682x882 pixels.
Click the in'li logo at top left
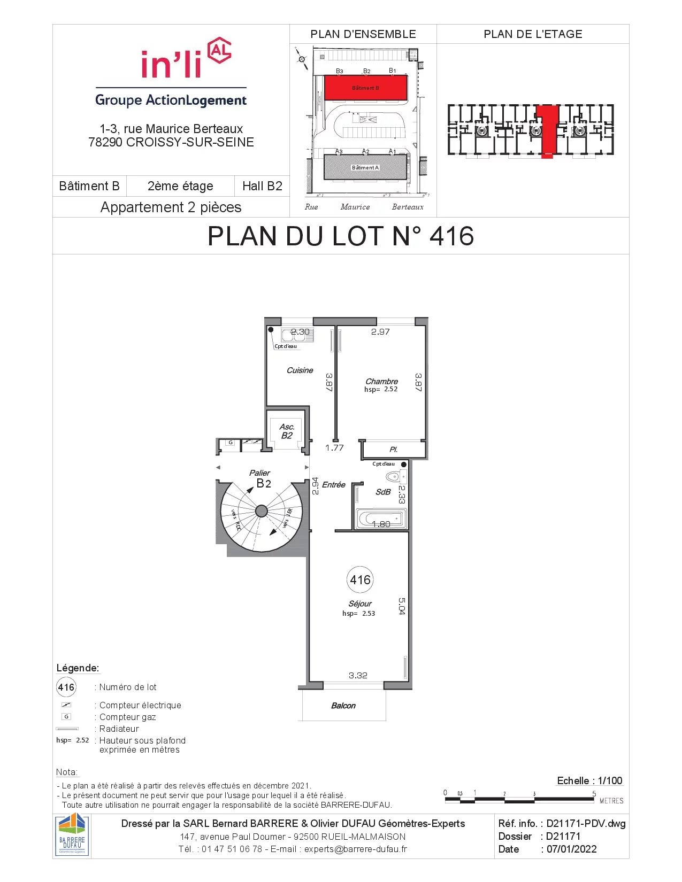click(185, 59)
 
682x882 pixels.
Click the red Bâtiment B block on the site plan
click(366, 88)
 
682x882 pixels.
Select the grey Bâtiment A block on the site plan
click(365, 167)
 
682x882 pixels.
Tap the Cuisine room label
click(300, 370)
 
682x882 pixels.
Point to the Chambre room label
click(381, 381)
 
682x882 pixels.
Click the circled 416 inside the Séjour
click(360, 579)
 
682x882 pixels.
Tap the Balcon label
click(343, 706)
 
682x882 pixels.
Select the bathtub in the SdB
click(381, 518)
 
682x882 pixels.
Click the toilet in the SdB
click(393, 476)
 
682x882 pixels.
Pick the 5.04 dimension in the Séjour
click(402, 606)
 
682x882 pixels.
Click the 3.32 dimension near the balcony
click(358, 675)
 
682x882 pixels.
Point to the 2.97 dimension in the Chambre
click(380, 331)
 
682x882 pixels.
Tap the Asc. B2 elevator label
click(287, 431)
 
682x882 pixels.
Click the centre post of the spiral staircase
click(262, 511)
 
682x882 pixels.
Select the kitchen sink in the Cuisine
click(297, 335)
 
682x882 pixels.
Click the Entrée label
click(333, 484)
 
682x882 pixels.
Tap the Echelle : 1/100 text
click(589, 780)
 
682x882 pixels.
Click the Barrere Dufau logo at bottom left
click(72, 836)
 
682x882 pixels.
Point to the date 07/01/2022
click(571, 849)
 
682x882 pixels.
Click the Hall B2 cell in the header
click(262, 186)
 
